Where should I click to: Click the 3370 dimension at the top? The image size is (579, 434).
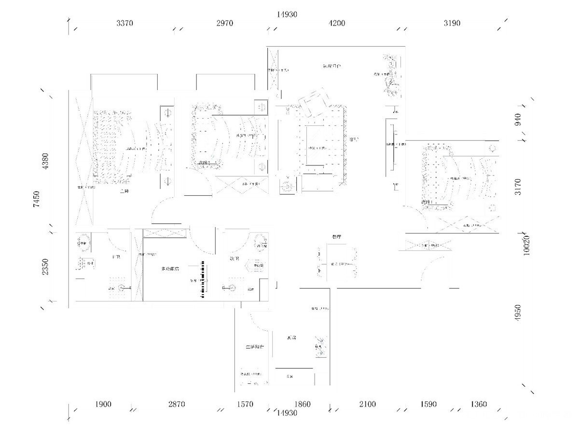[124, 23]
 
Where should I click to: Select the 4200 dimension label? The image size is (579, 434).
[337, 23]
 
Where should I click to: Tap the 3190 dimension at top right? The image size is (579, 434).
[452, 23]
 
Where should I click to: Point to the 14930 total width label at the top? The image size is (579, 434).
[287, 14]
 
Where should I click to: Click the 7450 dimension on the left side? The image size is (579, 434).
[36, 199]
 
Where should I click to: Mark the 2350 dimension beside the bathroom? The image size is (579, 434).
[45, 267]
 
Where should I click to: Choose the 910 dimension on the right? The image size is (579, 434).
[518, 119]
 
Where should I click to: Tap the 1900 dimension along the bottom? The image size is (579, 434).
[103, 404]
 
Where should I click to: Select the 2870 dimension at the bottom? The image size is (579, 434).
[177, 404]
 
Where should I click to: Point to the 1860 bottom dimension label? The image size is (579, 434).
[303, 404]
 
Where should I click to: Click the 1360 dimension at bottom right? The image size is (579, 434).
[479, 404]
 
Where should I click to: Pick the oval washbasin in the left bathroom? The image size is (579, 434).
[83, 241]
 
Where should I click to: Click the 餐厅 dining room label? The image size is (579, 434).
[337, 237]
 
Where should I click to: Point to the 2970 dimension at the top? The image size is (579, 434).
[225, 23]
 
